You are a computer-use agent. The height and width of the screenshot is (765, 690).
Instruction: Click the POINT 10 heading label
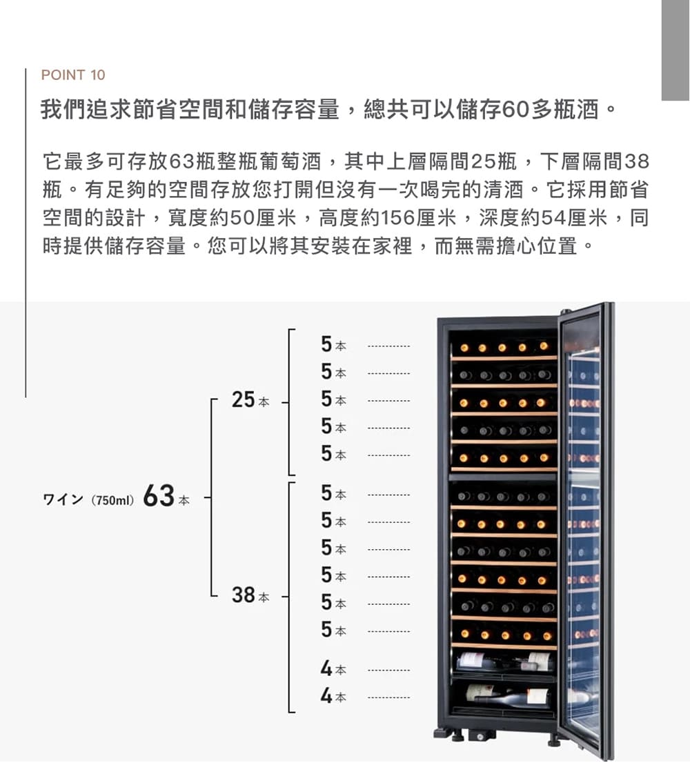[73, 75]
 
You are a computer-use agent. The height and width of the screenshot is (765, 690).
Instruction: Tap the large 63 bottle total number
[159, 496]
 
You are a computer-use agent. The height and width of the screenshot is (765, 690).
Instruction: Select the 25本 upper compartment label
[250, 400]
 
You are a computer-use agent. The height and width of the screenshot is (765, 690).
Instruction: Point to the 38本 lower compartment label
[250, 595]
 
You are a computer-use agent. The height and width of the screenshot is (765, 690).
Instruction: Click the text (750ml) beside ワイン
[112, 501]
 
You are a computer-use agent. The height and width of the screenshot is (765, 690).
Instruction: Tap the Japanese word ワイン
[63, 500]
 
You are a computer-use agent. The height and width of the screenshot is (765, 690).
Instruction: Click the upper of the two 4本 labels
[333, 668]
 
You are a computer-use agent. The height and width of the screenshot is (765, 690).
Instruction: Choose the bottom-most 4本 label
[333, 696]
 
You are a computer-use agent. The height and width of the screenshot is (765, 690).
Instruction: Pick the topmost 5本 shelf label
[334, 344]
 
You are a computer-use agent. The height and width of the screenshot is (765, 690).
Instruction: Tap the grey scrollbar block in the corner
[676, 50]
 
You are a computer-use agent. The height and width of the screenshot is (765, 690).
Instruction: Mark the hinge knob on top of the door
[566, 311]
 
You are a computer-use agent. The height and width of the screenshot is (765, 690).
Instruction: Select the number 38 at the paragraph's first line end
[637, 161]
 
